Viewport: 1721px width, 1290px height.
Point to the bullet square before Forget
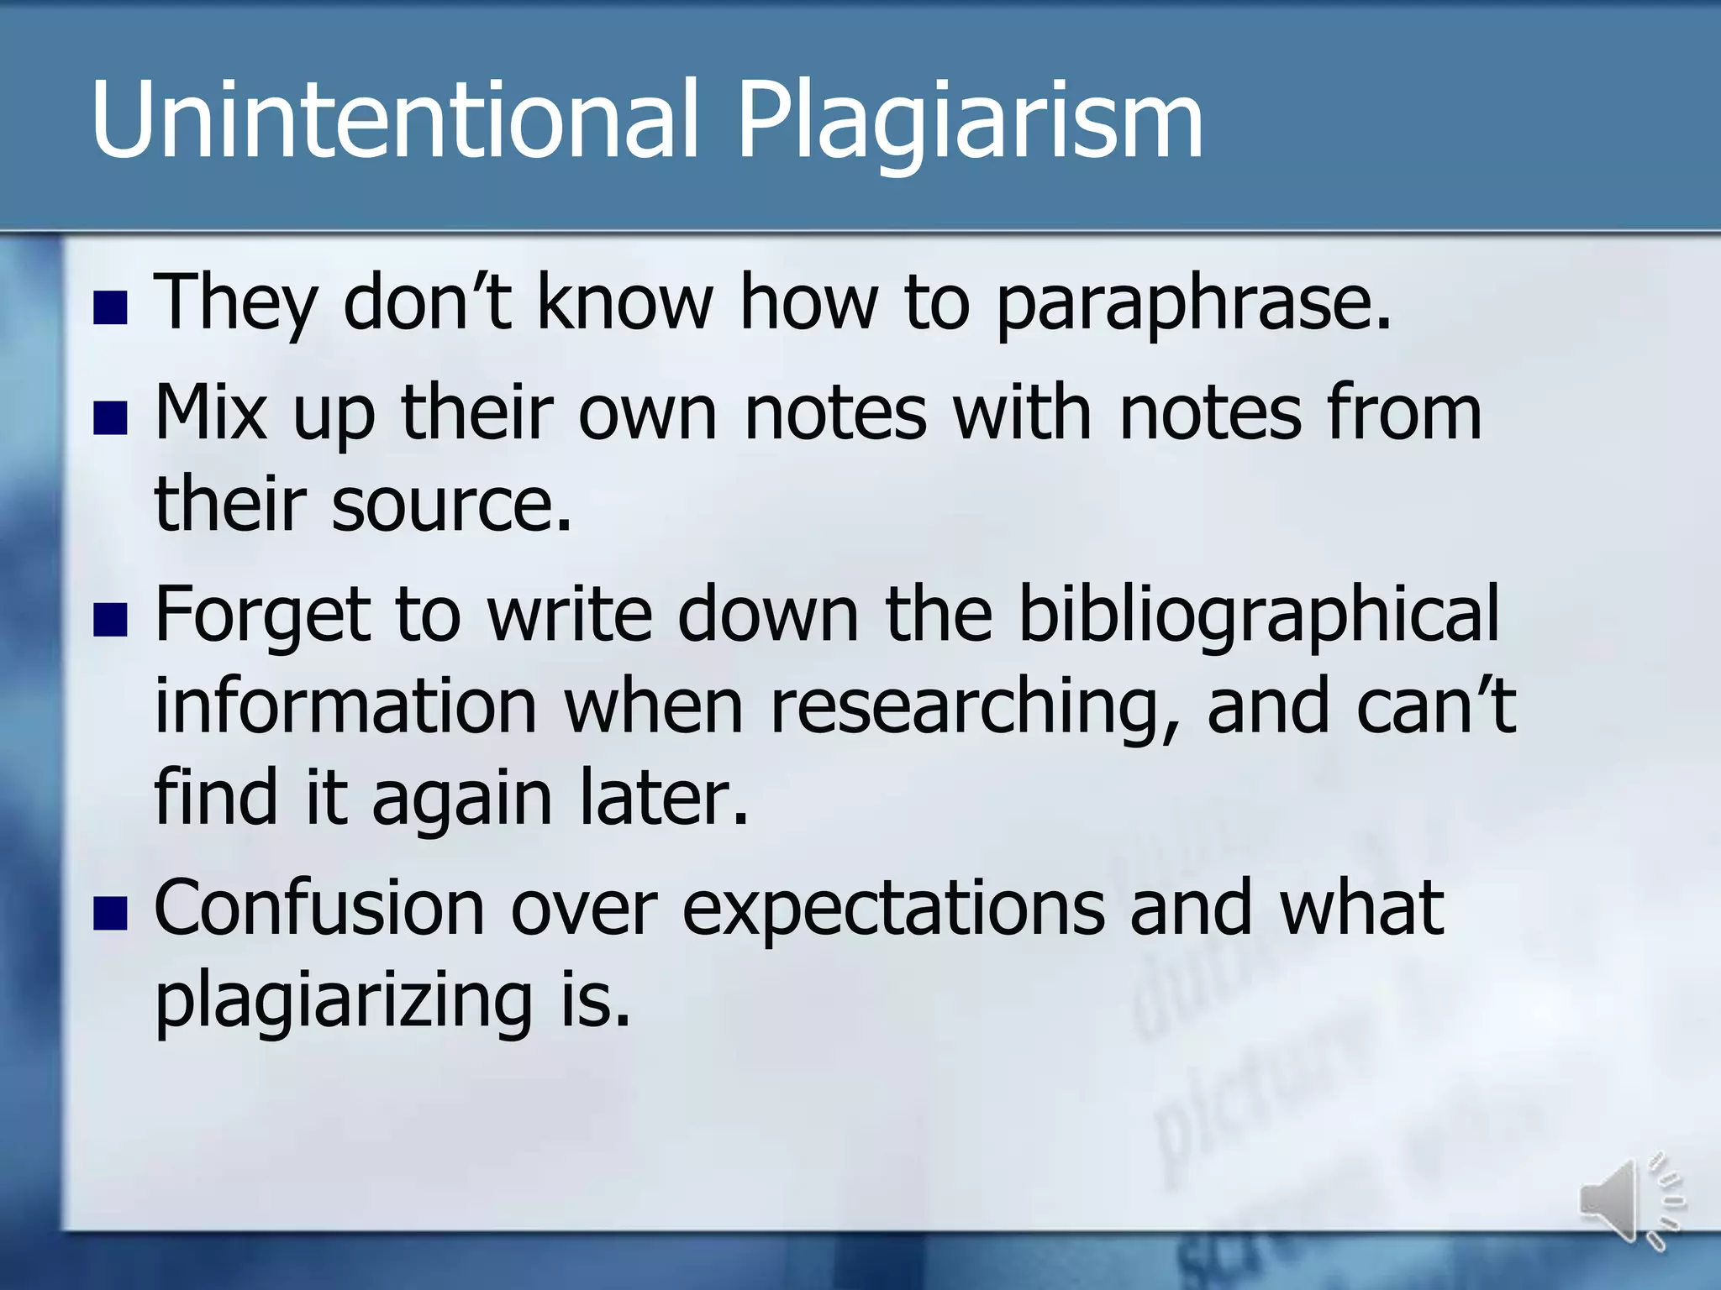click(x=110, y=620)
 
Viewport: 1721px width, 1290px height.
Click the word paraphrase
click(x=1192, y=304)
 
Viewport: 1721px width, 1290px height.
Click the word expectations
click(x=892, y=910)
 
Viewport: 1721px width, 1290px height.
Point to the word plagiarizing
click(x=343, y=1003)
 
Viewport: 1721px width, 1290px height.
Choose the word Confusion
click(x=319, y=909)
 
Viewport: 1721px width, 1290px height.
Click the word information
click(x=345, y=707)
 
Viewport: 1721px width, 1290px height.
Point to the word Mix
click(x=210, y=413)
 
